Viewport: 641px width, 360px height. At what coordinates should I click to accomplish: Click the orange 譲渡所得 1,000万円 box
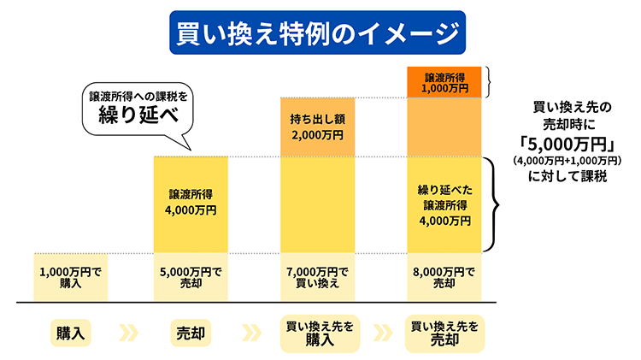point(446,81)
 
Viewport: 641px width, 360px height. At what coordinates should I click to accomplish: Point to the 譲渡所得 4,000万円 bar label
point(190,201)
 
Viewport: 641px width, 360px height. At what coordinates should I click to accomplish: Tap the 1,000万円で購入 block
point(71,277)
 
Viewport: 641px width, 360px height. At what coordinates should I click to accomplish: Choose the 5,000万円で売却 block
point(190,277)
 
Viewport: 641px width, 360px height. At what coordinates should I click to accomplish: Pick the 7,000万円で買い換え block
point(316,277)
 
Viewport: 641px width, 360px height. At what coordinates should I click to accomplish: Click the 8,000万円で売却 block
point(446,277)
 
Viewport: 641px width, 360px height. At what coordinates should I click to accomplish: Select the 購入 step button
point(71,332)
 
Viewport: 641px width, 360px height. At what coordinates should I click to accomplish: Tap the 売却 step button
point(190,332)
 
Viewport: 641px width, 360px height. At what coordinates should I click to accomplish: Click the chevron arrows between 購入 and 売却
point(130,332)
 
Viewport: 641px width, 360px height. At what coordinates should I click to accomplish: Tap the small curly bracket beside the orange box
point(491,81)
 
